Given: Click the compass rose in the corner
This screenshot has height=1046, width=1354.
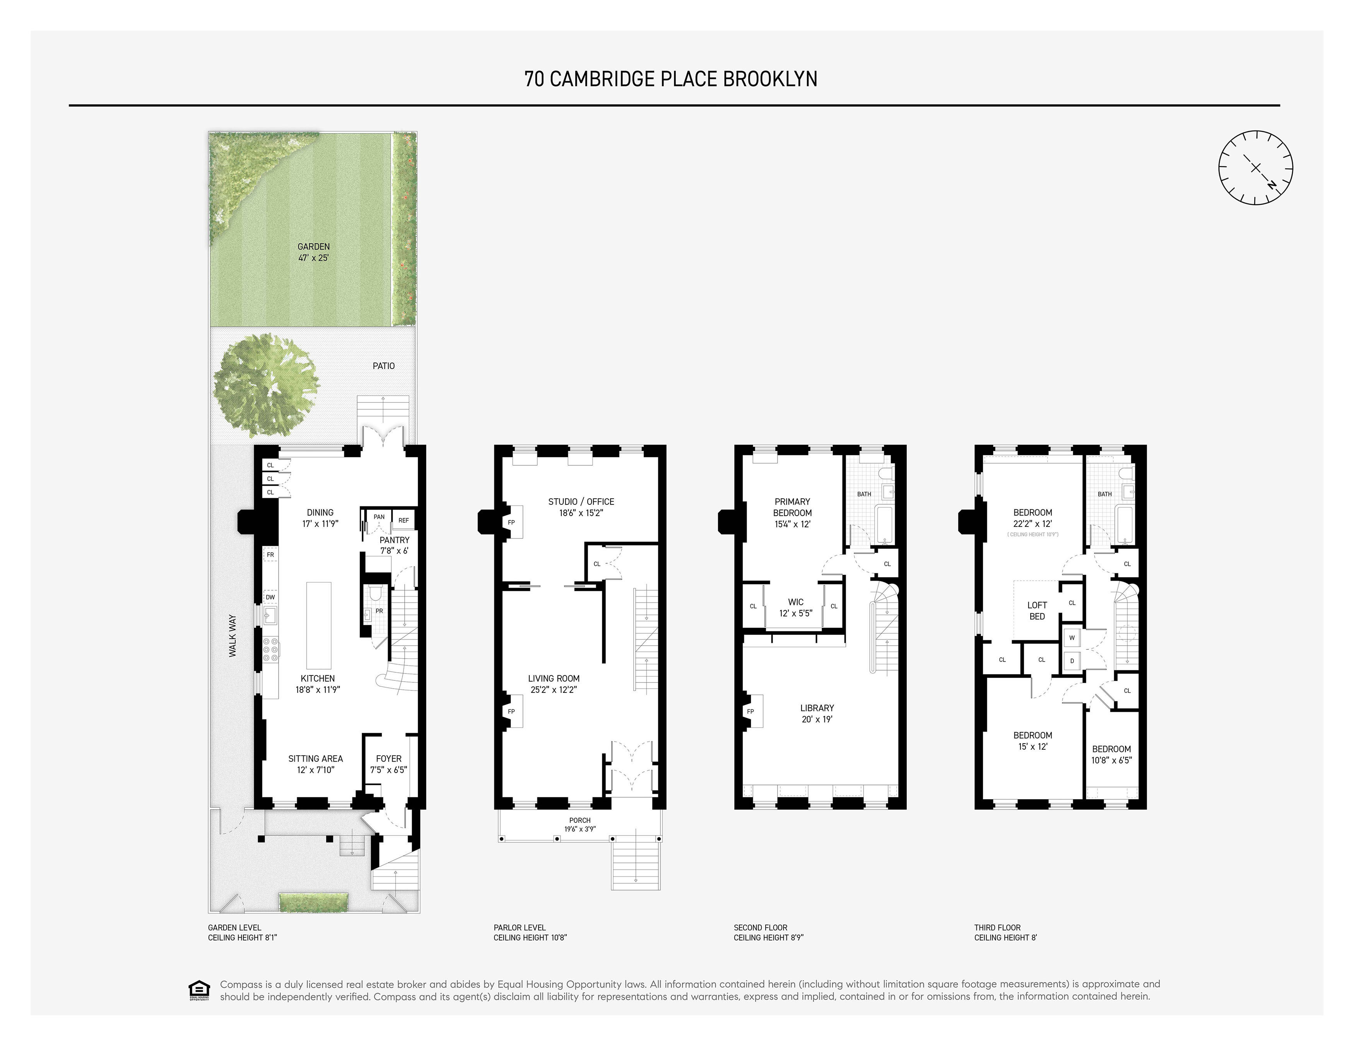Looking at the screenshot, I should [1255, 167].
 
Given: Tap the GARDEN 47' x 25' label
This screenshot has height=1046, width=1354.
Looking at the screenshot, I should [314, 252].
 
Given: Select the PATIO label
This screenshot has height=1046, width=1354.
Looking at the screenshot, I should [383, 366].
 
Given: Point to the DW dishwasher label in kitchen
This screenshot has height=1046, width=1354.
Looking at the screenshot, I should [270, 597].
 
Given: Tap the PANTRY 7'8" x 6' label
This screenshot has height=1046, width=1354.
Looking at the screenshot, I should [394, 545].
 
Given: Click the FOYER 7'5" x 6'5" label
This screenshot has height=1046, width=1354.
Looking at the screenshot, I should [389, 764].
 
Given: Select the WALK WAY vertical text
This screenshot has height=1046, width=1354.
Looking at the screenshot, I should [233, 636].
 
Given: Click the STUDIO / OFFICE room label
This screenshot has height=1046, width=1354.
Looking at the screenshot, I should [581, 507].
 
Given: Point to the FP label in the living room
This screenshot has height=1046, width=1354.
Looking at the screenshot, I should [511, 711].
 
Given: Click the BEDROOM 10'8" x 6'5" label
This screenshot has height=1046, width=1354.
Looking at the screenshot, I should [1111, 754].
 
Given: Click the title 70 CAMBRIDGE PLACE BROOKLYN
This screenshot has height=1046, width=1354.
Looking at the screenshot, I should [671, 79].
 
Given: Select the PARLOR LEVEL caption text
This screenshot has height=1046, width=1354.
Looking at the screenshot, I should [520, 928].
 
